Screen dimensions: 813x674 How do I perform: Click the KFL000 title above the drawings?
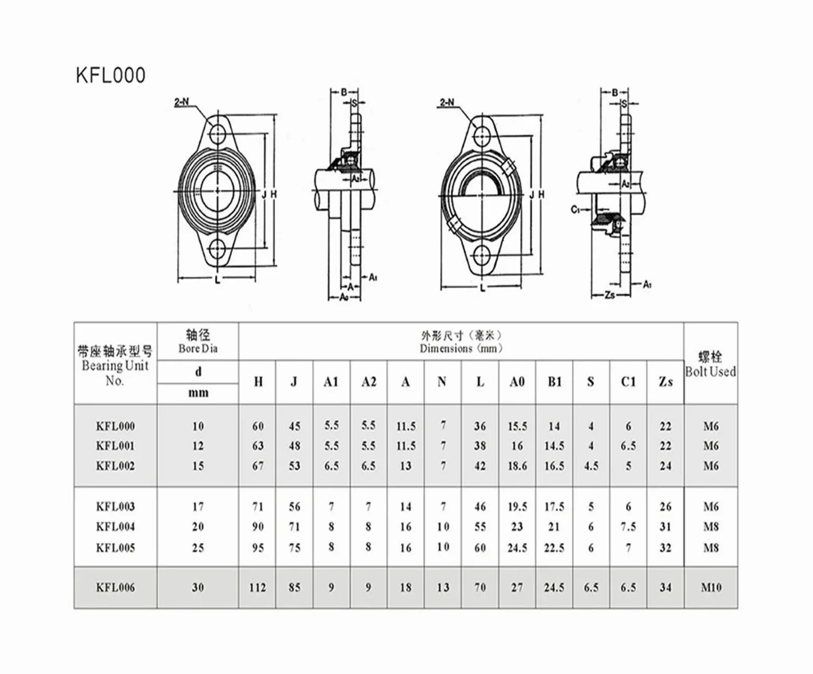pos(111,75)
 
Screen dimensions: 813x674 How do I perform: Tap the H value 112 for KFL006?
pos(257,587)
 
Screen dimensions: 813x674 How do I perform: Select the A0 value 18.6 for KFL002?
pos(517,466)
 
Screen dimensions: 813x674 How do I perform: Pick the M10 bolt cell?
pos(711,587)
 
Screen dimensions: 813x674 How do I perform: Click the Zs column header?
pos(665,382)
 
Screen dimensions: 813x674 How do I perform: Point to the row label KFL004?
pos(115,527)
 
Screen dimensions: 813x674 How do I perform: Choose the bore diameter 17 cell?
pos(198,507)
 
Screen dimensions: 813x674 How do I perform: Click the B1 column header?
pos(555,382)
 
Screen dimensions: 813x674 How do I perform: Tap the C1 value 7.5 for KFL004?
pos(628,527)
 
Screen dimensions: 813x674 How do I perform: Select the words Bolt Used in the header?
pos(711,372)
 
